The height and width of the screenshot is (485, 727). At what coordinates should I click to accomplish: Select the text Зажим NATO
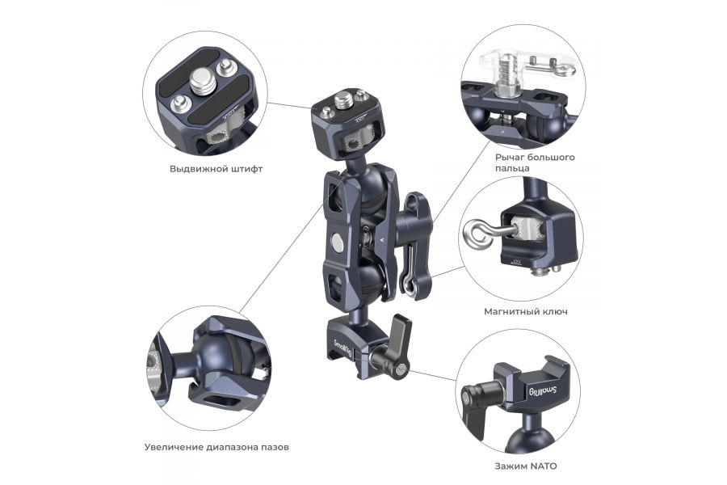[525, 466]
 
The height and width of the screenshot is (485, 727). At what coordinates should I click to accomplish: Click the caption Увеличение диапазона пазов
[216, 446]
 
